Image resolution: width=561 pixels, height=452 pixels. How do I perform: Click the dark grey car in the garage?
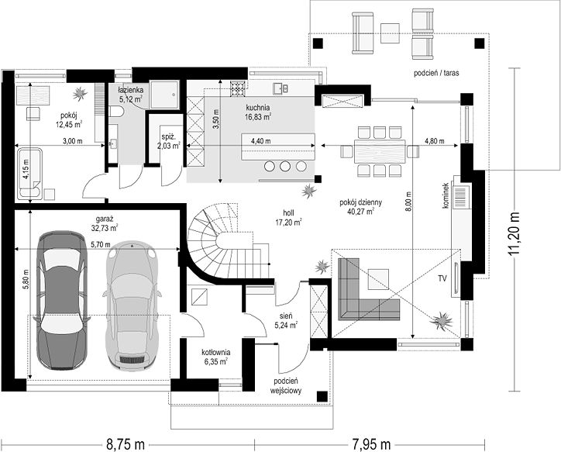point(62,301)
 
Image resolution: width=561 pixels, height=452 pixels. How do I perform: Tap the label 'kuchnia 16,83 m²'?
point(257,112)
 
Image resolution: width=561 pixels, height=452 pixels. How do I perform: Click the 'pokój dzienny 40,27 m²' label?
point(360,206)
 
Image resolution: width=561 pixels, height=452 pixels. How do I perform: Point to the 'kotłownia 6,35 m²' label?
point(215,357)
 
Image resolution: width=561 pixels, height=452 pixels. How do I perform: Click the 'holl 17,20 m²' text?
point(288,218)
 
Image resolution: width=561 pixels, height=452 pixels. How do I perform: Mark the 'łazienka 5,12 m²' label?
point(131,94)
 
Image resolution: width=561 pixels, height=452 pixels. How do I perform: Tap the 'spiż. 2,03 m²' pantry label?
point(168,141)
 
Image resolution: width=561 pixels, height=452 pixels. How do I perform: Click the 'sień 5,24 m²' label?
point(286,320)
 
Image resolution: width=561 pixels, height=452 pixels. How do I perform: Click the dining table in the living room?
point(380,151)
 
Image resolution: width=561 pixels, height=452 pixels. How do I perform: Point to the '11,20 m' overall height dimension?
point(515,233)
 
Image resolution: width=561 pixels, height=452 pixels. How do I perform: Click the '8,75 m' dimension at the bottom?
point(126,445)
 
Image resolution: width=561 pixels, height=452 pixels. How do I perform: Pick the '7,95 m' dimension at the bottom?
point(370,445)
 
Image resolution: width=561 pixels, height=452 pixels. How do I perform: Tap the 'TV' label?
point(442,278)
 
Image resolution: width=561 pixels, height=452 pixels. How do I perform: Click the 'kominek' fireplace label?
point(446,195)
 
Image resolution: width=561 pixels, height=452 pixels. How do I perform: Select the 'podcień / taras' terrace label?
point(436,74)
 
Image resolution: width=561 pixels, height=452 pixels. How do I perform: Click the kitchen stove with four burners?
point(238,88)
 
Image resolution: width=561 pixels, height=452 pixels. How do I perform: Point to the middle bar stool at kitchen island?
point(285,167)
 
